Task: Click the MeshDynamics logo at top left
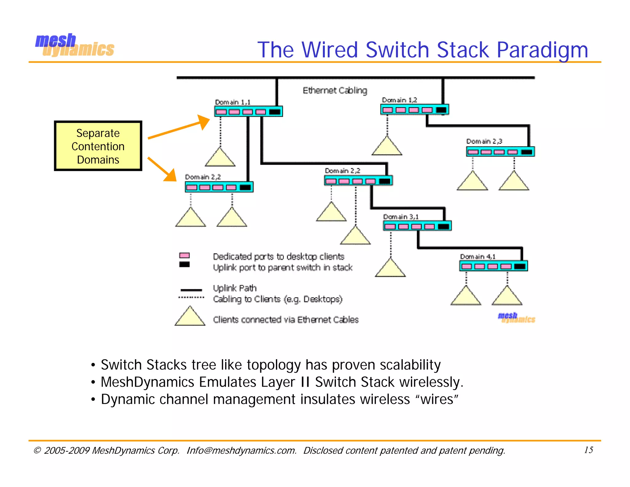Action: click(x=74, y=46)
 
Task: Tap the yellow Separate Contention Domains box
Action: click(x=98, y=146)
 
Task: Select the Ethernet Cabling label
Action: click(x=335, y=91)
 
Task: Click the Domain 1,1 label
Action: click(x=233, y=102)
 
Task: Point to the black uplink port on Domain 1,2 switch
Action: click(x=441, y=110)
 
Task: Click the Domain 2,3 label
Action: click(x=484, y=141)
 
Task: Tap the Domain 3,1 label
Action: click(x=401, y=217)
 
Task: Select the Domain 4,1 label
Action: click(x=477, y=256)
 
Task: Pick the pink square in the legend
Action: click(x=184, y=256)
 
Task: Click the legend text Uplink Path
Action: click(x=234, y=288)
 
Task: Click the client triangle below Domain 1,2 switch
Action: click(x=387, y=147)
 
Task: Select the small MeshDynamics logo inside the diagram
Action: click(x=516, y=318)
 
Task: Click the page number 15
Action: click(x=588, y=450)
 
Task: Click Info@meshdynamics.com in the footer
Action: click(x=241, y=450)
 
